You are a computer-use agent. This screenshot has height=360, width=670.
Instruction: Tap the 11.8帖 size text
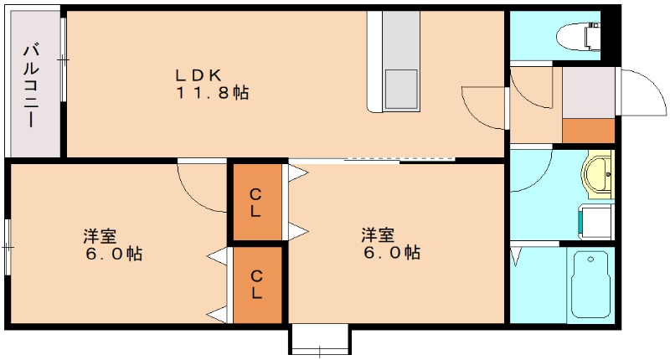212,94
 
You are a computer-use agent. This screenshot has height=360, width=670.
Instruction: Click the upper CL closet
257,202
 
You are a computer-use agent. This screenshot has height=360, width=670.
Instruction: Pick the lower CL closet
257,284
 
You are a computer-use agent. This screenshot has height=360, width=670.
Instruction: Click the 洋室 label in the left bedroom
100,234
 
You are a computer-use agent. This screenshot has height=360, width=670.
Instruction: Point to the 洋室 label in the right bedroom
379,234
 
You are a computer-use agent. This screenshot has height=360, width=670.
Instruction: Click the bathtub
592,285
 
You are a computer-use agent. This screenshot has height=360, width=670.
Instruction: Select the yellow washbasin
596,175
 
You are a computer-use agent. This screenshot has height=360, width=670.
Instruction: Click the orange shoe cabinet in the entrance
588,131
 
